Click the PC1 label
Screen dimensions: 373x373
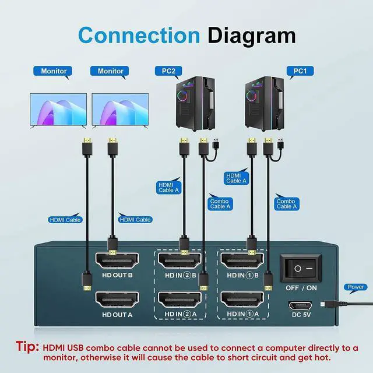click(300, 72)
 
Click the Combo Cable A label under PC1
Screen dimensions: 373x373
click(287, 203)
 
